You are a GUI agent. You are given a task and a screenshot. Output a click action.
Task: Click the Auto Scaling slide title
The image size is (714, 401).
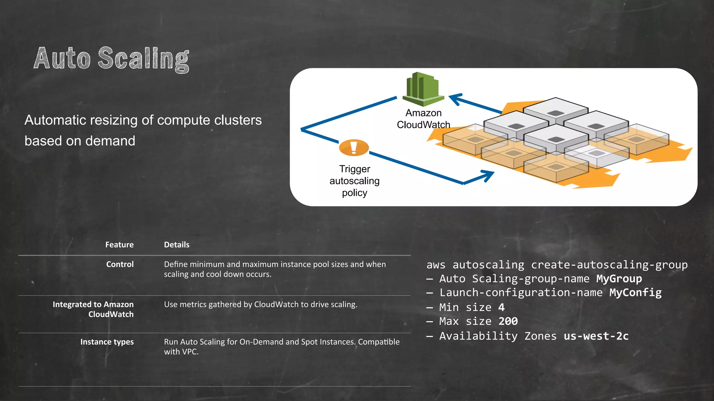click(112, 58)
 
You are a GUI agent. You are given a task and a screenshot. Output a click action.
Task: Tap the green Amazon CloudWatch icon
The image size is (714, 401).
click(423, 89)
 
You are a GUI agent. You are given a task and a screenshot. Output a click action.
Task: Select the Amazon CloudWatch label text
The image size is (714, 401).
click(423, 119)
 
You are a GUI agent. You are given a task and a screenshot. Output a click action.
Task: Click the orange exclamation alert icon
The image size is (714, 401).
click(354, 148)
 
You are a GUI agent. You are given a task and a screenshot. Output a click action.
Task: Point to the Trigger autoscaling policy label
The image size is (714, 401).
click(354, 181)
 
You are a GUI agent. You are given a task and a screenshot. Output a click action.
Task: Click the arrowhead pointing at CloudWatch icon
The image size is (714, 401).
click(455, 99)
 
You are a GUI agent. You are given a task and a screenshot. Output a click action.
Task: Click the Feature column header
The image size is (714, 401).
click(119, 245)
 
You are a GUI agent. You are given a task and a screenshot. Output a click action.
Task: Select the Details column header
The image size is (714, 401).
click(176, 245)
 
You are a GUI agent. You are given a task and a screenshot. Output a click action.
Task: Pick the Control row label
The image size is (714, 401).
click(120, 264)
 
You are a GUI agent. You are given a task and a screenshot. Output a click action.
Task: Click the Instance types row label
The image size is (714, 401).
click(107, 342)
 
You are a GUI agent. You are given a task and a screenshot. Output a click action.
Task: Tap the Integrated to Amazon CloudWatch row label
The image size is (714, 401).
click(93, 309)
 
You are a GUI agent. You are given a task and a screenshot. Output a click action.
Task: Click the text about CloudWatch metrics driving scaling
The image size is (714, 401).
click(260, 304)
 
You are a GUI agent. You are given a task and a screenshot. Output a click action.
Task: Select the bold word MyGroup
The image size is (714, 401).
click(619, 279)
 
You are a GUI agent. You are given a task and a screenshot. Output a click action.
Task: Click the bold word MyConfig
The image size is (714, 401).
click(635, 293)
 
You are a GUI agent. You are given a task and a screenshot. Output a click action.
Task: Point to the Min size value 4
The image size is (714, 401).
click(501, 307)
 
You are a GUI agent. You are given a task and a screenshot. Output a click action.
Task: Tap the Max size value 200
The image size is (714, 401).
click(508, 321)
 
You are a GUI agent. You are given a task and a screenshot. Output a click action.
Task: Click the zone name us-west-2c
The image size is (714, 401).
click(596, 336)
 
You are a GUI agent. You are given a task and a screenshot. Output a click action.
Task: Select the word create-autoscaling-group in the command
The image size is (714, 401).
click(609, 265)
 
